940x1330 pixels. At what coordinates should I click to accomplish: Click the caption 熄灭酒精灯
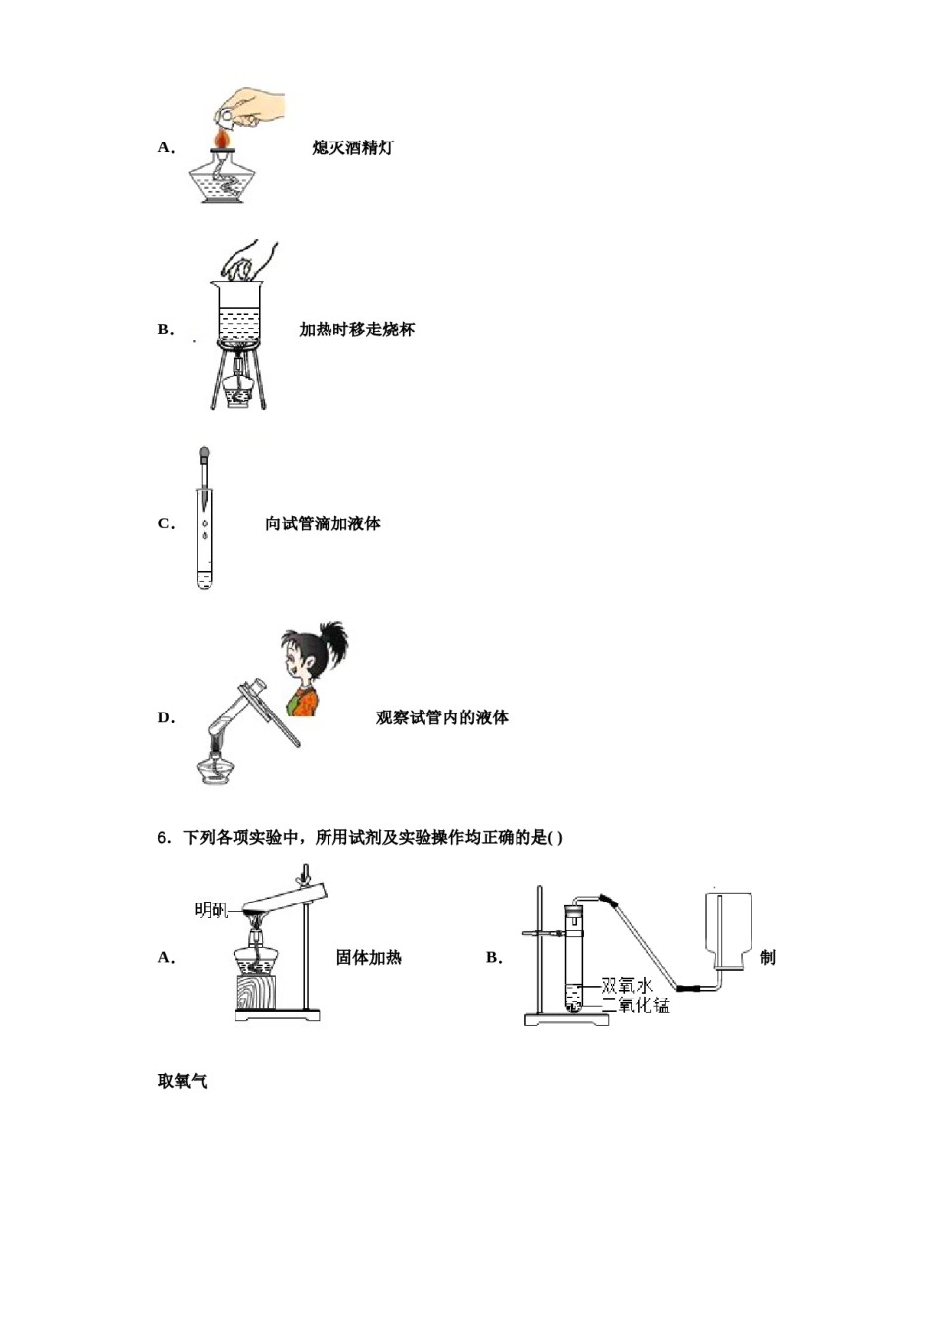[x=352, y=147]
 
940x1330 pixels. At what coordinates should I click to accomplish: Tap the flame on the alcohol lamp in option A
[x=222, y=140]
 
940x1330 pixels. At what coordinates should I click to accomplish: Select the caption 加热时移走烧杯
[x=356, y=330]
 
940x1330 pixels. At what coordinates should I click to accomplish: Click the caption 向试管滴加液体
[x=323, y=523]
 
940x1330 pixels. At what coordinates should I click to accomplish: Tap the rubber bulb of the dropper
[x=204, y=456]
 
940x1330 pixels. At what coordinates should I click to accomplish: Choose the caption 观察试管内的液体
[x=441, y=717]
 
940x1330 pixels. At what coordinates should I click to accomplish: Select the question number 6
[x=164, y=838]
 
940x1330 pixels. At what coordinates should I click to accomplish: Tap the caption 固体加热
[x=368, y=957]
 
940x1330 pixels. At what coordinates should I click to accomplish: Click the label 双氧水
[x=627, y=986]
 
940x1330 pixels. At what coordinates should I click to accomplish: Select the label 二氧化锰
[x=635, y=1005]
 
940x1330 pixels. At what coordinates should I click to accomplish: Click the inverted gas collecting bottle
[x=729, y=929]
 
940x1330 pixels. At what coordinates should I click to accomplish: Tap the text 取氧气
[x=182, y=1081]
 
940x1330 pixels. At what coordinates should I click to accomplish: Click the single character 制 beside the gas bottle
[x=767, y=957]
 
